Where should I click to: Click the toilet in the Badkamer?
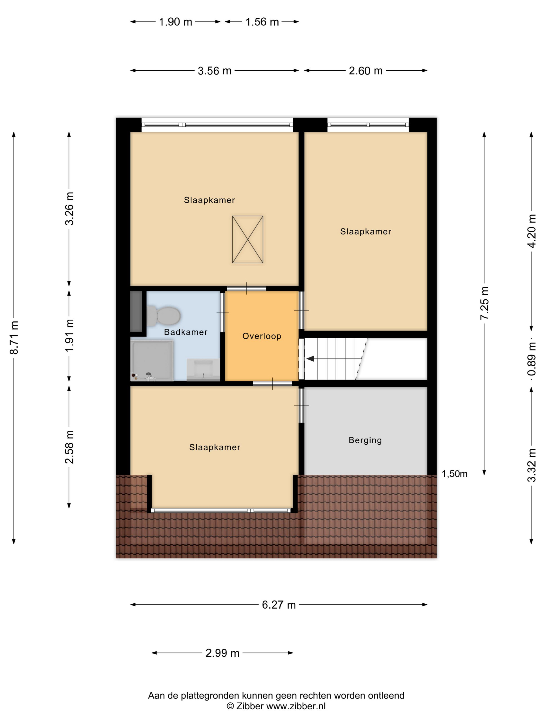[x=163, y=316]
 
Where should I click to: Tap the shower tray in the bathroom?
[x=152, y=361]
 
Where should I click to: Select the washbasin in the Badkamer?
[x=203, y=370]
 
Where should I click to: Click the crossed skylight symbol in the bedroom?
[x=248, y=239]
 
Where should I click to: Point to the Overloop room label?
[x=262, y=336]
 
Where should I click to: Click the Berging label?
[x=365, y=440]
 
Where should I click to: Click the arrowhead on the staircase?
[x=310, y=359]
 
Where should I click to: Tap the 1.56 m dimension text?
[x=262, y=22]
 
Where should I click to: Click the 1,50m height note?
[x=455, y=474]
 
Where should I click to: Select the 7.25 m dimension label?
[x=485, y=303]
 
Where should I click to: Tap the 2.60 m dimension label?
[x=366, y=71]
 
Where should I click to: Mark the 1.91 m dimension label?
[x=69, y=335]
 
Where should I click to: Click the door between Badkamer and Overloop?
[x=222, y=312]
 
